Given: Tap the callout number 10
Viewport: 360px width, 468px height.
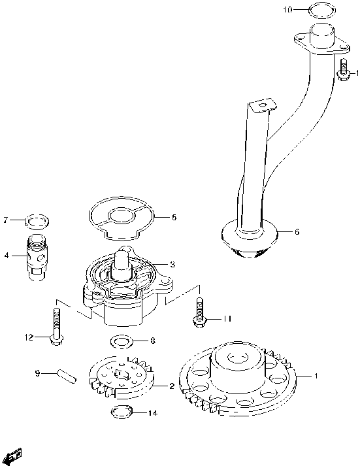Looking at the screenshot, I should pyautogui.click(x=289, y=10).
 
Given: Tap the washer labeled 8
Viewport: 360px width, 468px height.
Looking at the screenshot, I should pyautogui.click(x=121, y=341).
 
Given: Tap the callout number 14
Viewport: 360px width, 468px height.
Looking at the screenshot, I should pyautogui.click(x=153, y=412).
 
